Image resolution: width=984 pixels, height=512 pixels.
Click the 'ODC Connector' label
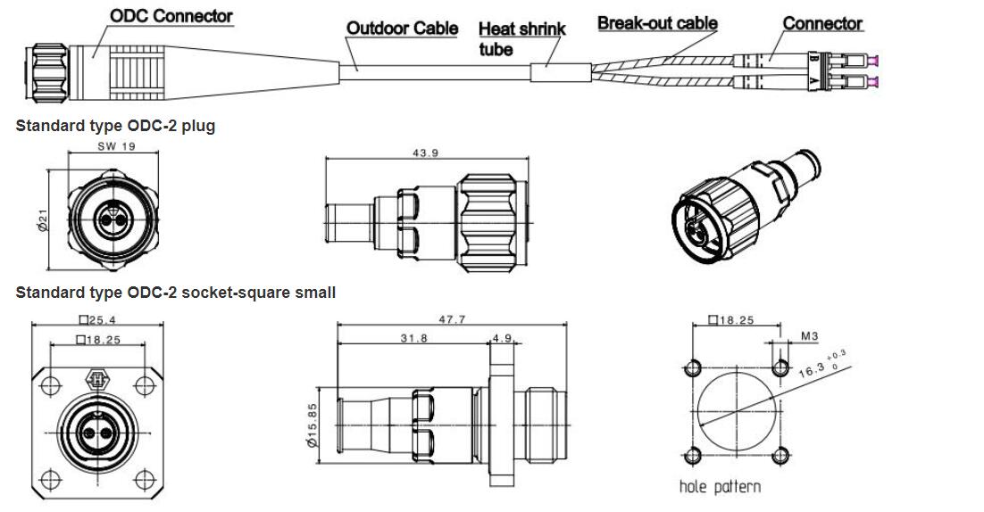pos(171,16)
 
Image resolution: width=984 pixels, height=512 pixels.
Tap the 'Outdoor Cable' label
pos(402,29)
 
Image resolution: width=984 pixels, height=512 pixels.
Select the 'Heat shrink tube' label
pos(522,39)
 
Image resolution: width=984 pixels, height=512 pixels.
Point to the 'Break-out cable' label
pos(657,23)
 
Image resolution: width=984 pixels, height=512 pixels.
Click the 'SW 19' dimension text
pos(116,146)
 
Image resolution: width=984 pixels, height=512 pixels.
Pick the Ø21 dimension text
pos(43,219)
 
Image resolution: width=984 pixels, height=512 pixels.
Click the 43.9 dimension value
pos(426,153)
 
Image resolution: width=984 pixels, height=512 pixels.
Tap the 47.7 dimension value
pos(452,319)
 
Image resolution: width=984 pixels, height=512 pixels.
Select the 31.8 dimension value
pos(413,338)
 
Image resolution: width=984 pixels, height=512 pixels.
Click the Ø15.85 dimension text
pos(313,425)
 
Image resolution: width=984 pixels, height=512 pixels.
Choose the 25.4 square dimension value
pos(97,320)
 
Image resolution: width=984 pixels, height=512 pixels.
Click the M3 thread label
pos(810,336)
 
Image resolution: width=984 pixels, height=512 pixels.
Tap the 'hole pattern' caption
pos(720,486)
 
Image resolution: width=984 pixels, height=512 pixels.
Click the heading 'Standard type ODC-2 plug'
pos(115,126)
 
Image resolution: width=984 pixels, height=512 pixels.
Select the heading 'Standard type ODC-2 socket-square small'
pos(176,293)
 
